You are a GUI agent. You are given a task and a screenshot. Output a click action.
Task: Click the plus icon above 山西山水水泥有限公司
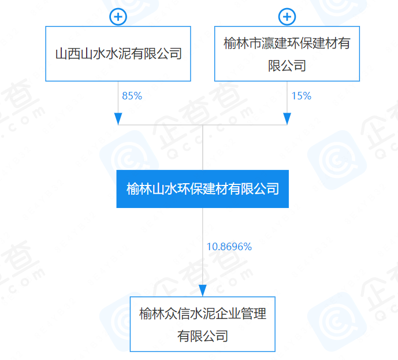click(118, 16)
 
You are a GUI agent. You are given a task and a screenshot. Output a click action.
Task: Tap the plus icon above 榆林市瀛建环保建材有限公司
click(287, 16)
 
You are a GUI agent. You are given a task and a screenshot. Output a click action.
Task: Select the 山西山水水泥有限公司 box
click(118, 54)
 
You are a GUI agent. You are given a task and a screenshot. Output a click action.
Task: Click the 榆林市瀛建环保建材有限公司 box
click(287, 54)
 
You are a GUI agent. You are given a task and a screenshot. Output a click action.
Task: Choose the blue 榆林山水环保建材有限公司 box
click(203, 189)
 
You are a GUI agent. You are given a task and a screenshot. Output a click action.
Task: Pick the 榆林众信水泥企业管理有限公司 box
click(203, 324)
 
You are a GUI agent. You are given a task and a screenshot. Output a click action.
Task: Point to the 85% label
click(132, 96)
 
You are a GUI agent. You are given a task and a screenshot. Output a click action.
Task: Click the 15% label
click(301, 96)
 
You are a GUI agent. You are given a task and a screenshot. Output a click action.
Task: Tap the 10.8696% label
click(229, 247)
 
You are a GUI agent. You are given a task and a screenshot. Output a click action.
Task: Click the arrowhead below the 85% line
click(118, 118)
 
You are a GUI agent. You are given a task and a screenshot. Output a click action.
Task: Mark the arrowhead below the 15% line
click(287, 118)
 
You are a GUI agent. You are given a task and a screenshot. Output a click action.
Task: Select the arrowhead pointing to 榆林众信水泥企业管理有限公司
click(203, 290)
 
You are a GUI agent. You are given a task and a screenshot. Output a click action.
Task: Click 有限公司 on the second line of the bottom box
click(203, 336)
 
